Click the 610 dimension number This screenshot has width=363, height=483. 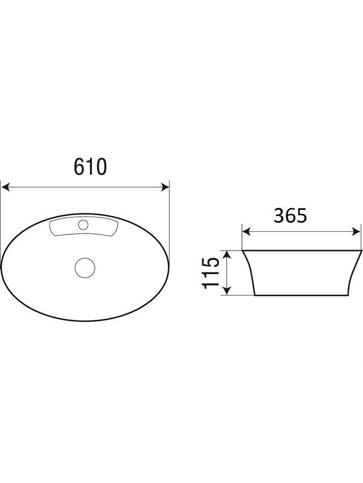coord(90,167)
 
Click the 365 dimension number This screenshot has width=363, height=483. coord(290,216)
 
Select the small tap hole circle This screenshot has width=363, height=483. coord(83,224)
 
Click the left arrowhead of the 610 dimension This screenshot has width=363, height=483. coord(5,187)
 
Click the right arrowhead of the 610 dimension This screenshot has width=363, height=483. coord(165,187)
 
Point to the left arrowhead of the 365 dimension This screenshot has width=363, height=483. coord(246,232)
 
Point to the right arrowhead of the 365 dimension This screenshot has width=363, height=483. coord(357,232)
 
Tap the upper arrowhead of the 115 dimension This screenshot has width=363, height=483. coord(227,254)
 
